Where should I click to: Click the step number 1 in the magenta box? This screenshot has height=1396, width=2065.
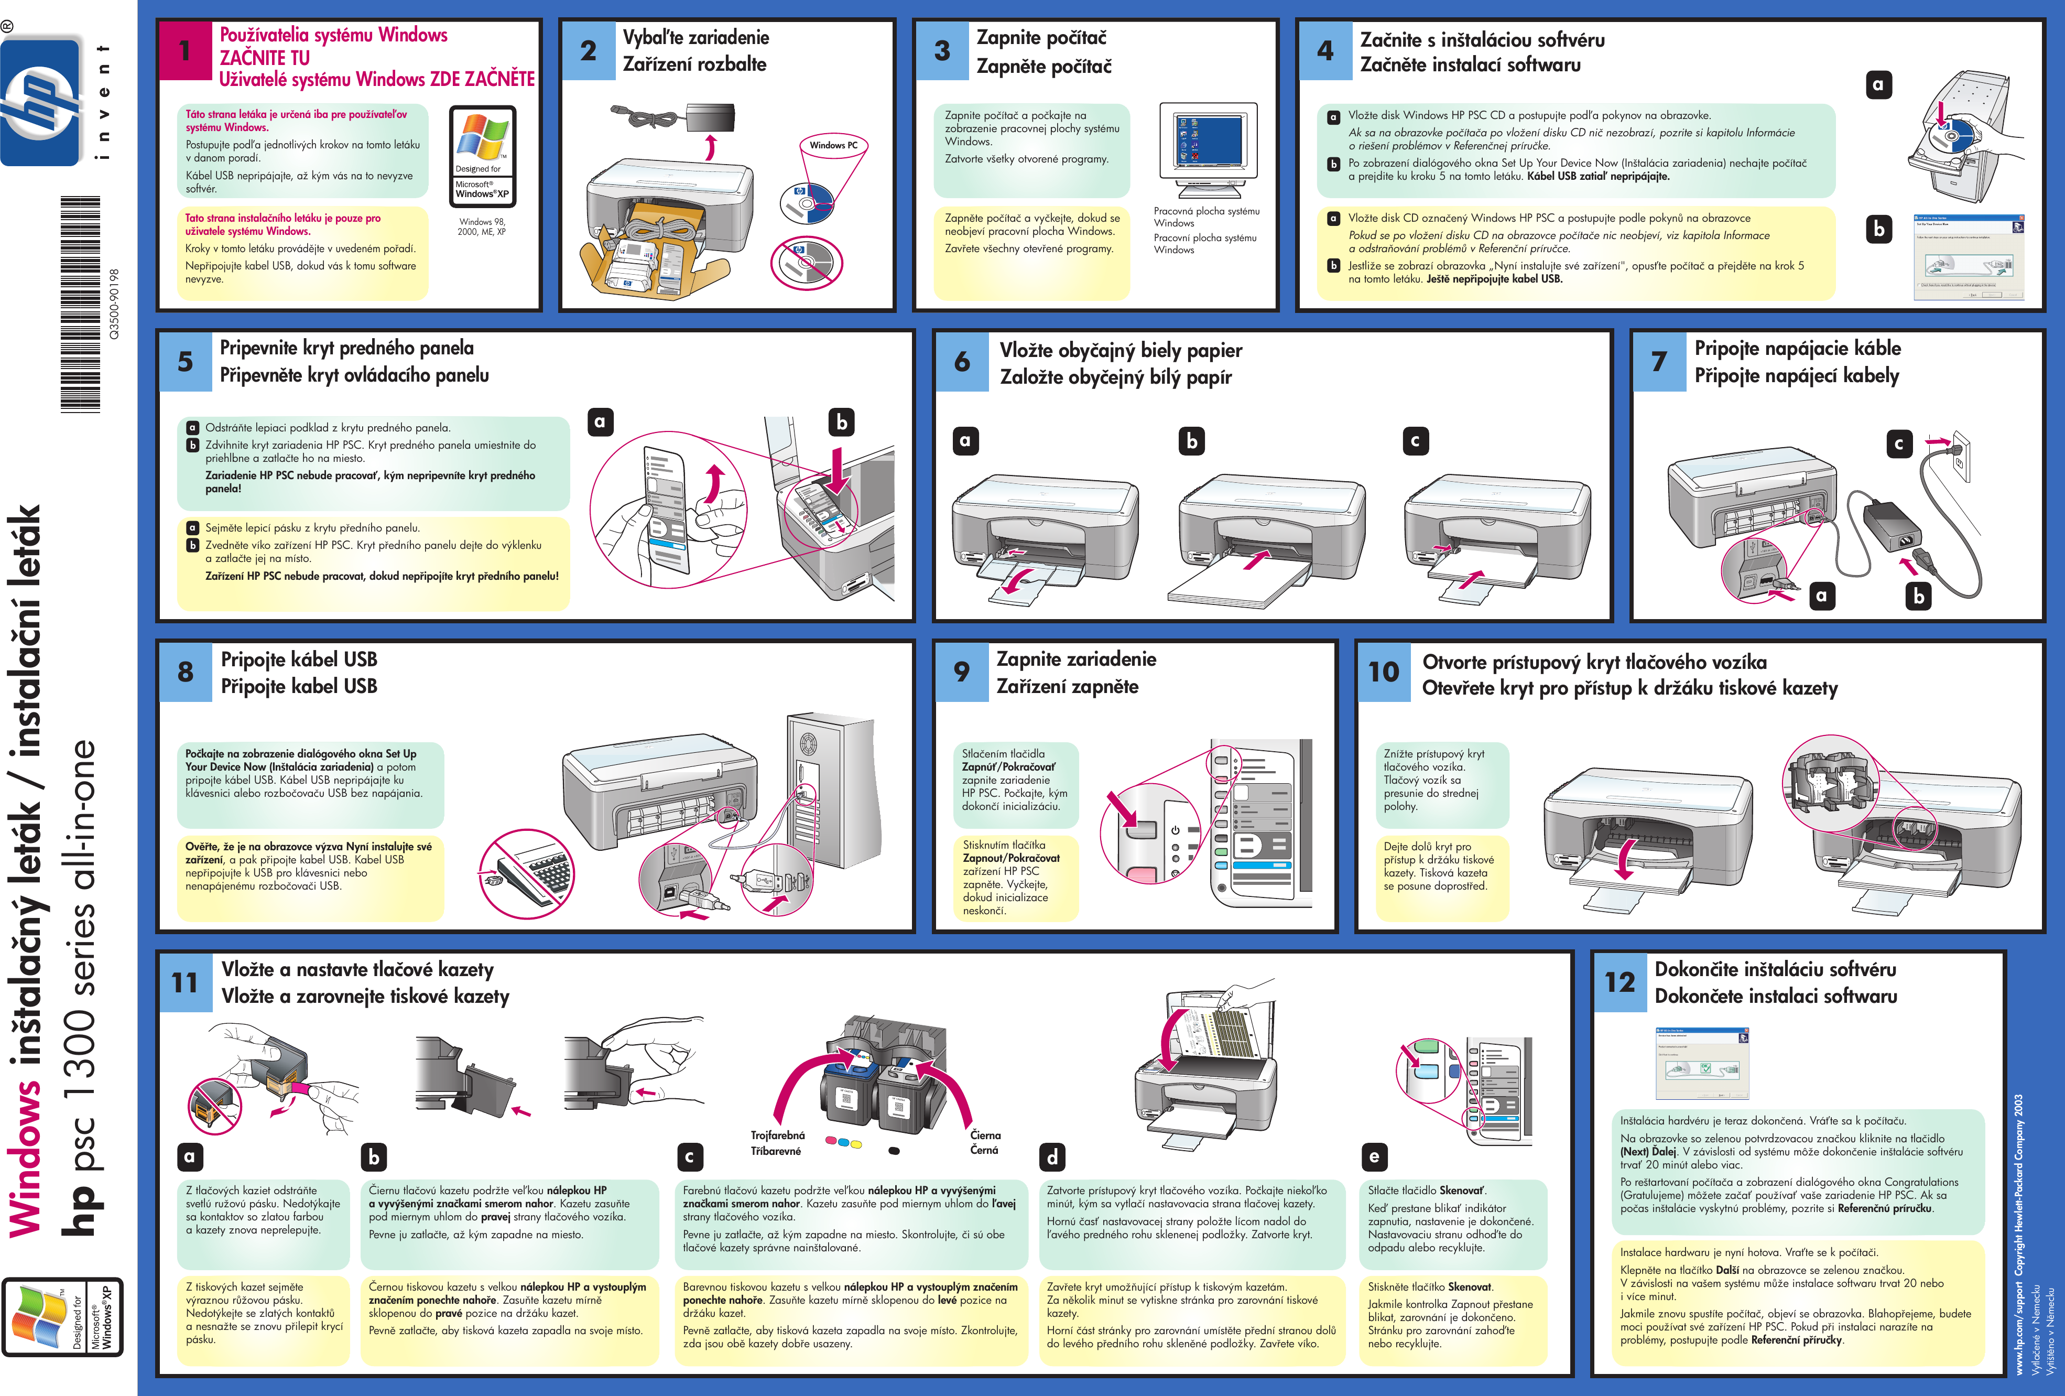(185, 51)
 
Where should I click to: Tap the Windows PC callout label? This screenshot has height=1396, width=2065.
(833, 145)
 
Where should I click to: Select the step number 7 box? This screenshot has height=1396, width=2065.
(1658, 362)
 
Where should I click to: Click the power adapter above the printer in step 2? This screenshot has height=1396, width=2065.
(711, 115)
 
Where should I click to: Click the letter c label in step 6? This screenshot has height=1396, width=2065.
(1415, 441)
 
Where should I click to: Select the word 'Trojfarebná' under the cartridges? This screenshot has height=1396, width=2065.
(777, 1135)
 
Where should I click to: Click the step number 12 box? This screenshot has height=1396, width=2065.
(1619, 982)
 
